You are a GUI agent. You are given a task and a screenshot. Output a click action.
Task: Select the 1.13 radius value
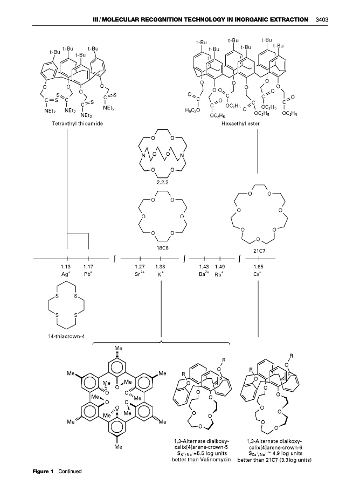click(x=66, y=266)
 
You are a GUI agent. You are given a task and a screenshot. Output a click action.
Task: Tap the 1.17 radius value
click(x=89, y=266)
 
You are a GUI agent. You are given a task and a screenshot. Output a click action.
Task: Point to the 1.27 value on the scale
click(x=140, y=266)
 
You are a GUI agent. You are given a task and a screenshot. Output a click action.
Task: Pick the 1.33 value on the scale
click(x=161, y=266)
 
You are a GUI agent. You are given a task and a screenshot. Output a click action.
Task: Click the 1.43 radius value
click(x=204, y=266)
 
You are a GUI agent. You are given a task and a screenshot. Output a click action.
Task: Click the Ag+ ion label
click(x=66, y=274)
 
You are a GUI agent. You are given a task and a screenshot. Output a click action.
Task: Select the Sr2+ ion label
click(x=140, y=274)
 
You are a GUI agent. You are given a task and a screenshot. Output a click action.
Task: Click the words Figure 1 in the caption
click(x=42, y=472)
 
